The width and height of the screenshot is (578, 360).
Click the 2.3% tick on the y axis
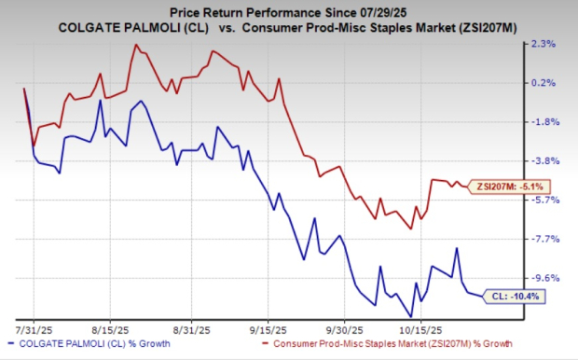click(544, 44)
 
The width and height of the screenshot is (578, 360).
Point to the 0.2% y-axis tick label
click(544, 83)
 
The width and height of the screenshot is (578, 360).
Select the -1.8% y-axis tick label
click(544, 122)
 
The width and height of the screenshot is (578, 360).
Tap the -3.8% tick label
click(544, 161)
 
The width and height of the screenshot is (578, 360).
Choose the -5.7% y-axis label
click(544, 201)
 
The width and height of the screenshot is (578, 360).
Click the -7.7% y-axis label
click(544, 240)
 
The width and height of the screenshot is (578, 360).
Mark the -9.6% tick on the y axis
click(544, 279)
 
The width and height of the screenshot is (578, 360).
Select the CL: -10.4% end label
click(514, 297)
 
